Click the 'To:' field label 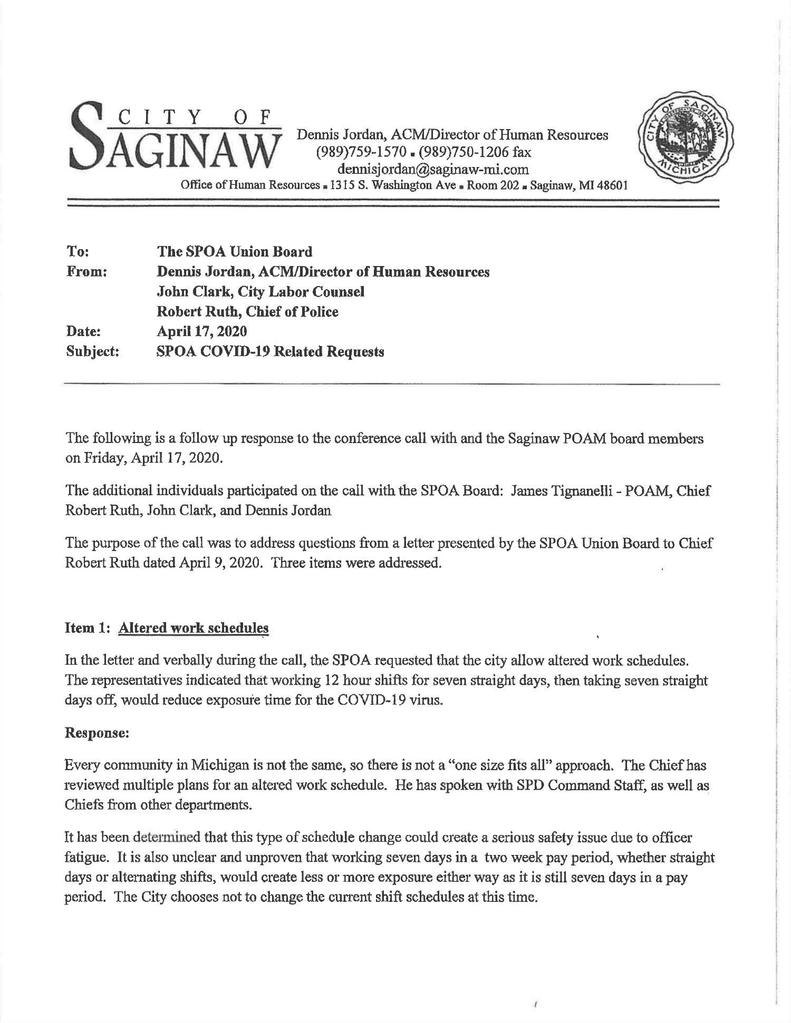pyautogui.click(x=78, y=251)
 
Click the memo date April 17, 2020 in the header pyautogui.click(x=202, y=331)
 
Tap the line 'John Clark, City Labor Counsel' pyautogui.click(x=261, y=291)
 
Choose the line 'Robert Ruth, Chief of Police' pyautogui.click(x=248, y=311)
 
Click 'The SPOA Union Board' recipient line pyautogui.click(x=235, y=252)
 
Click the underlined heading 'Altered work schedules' pyautogui.click(x=194, y=628)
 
